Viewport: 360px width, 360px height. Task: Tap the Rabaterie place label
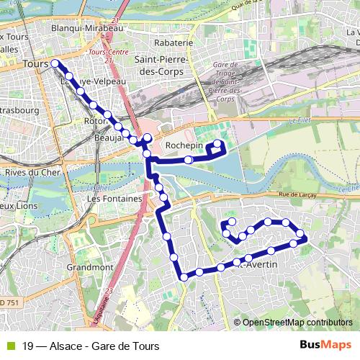tap(174, 42)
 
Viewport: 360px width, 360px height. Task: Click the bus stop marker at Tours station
tap(55, 63)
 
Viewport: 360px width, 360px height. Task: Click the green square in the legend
tap(9, 345)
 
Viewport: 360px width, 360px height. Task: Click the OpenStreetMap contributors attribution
tap(297, 322)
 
